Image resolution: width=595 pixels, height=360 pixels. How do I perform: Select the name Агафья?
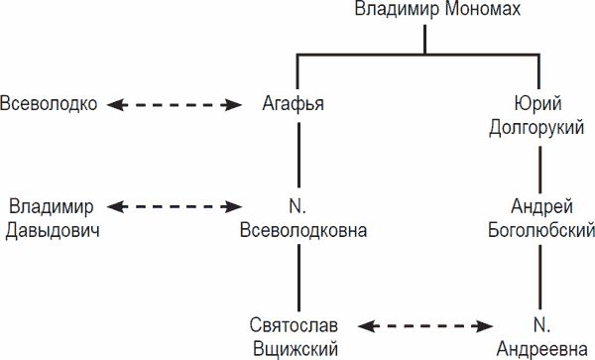[296, 104]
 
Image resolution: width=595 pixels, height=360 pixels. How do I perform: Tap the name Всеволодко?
[51, 104]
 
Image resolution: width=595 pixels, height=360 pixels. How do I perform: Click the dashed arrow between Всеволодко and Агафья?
[176, 104]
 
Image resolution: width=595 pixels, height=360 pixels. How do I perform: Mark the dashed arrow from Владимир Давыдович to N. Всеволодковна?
[176, 207]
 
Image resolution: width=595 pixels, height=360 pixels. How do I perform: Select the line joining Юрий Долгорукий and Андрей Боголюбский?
[540, 167]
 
